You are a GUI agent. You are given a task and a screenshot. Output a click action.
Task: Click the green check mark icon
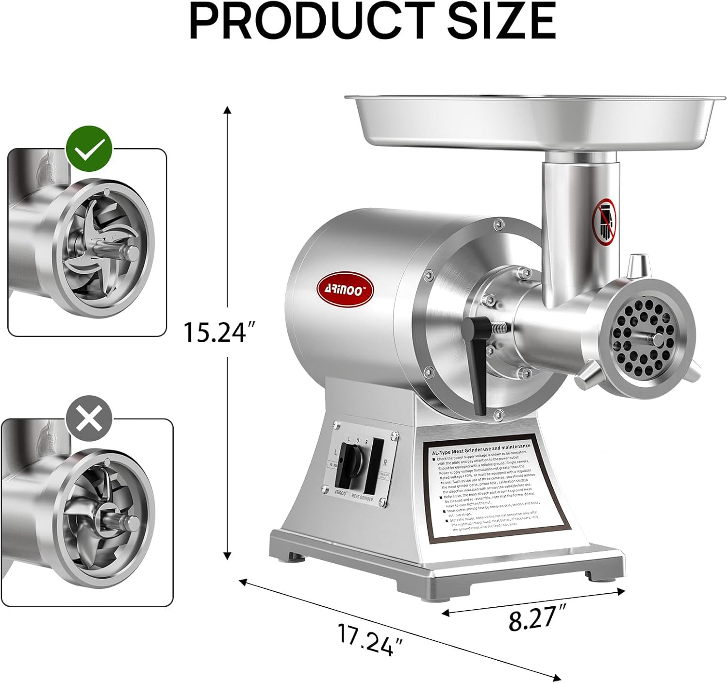[89, 150]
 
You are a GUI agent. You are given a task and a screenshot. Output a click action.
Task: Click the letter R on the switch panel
[385, 463]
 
